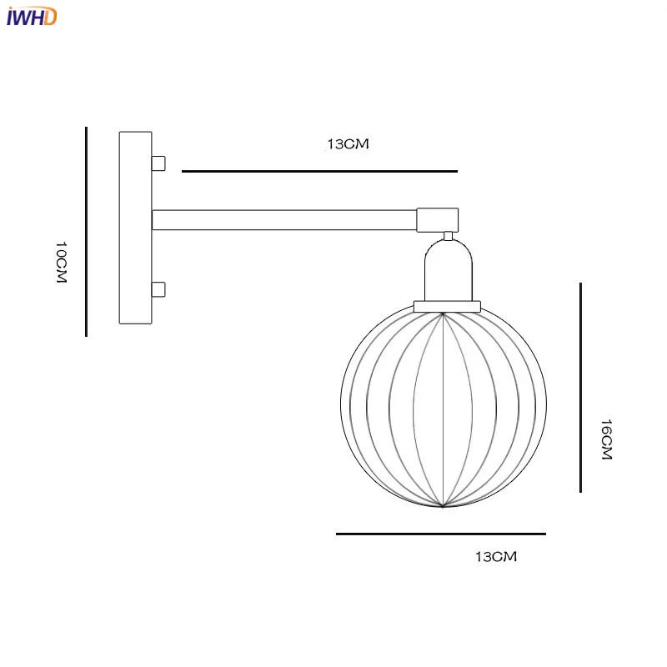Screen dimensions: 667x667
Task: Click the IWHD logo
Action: (31, 16)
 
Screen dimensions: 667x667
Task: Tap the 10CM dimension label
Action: (60, 263)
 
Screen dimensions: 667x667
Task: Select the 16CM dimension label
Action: (606, 439)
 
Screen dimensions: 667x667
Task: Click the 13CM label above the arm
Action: (347, 144)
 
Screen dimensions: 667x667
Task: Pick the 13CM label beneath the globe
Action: (496, 557)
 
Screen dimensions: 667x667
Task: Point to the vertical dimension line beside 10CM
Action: (86, 232)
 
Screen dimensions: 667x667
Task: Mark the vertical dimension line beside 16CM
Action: (580, 388)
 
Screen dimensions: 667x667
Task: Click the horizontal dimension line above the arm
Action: (319, 171)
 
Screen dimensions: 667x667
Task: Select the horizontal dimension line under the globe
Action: (440, 534)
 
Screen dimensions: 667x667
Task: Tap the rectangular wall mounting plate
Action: (135, 228)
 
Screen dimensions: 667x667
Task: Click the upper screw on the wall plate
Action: (158, 163)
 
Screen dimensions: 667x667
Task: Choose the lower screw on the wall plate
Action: (158, 290)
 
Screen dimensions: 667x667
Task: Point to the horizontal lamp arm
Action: (283, 220)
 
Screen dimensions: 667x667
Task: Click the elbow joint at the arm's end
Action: (438, 218)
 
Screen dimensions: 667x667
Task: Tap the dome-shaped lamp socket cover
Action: (448, 271)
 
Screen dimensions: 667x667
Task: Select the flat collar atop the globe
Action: (448, 306)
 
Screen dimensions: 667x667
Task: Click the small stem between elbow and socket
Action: (448, 235)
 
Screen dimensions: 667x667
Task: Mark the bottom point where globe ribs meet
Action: (444, 506)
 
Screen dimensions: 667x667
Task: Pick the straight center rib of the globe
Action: (444, 409)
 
